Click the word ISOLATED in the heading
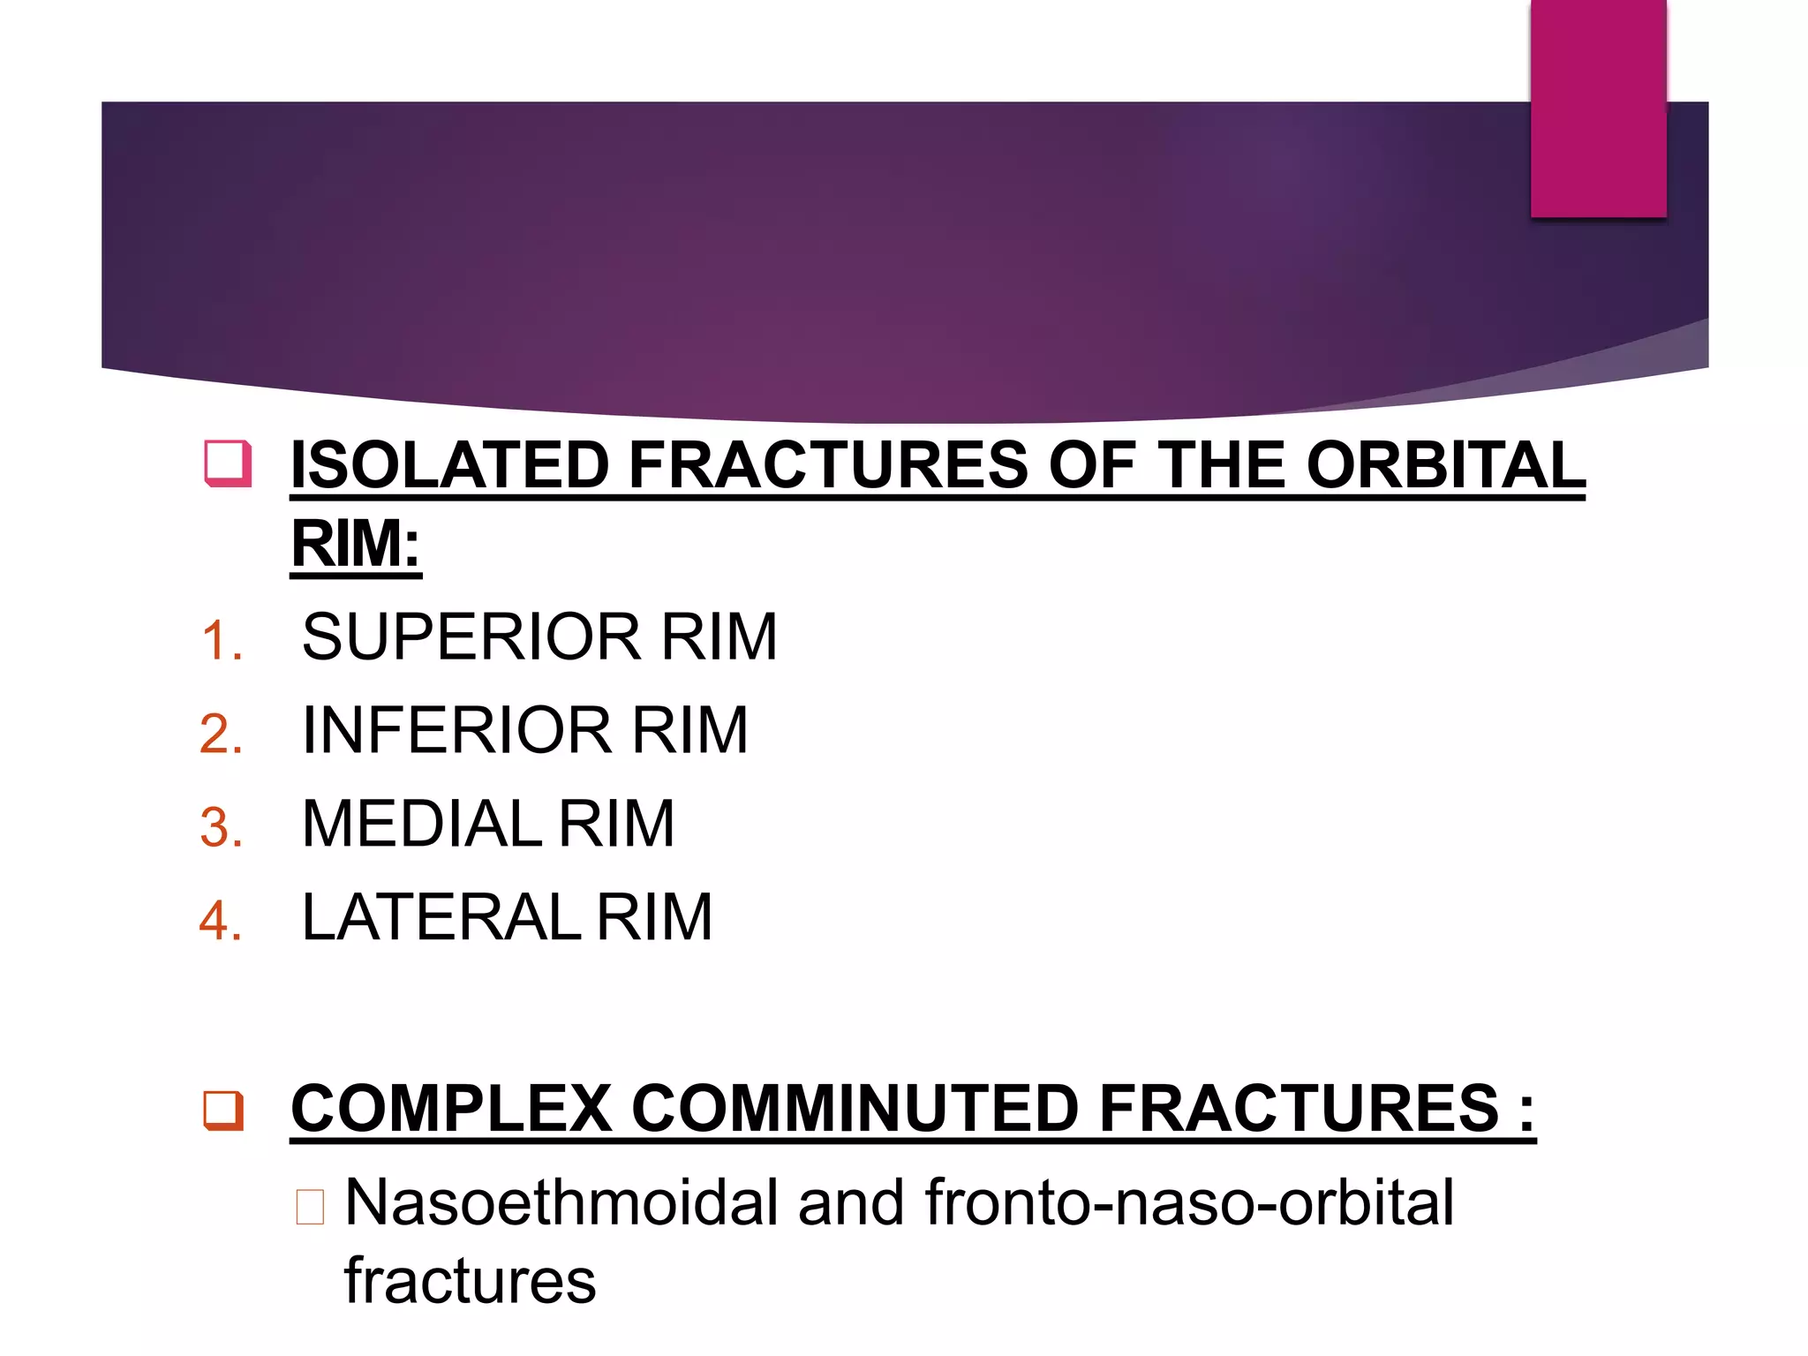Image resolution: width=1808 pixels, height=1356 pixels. (449, 465)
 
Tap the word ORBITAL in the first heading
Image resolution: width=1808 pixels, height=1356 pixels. (1445, 465)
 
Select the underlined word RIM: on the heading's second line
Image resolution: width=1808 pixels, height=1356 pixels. (356, 544)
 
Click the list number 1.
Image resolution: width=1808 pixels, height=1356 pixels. (221, 640)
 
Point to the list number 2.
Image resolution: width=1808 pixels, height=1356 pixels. (221, 734)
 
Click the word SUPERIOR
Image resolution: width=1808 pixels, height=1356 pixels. (471, 637)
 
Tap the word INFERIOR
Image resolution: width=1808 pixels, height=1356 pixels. (457, 730)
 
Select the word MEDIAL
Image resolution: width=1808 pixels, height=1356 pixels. (421, 824)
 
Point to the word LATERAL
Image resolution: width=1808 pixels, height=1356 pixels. (441, 917)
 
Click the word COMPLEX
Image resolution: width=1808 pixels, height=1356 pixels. (451, 1109)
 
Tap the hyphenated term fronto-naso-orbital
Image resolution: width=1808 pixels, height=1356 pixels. (1188, 1202)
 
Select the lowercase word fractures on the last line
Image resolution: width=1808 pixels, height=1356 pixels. (470, 1280)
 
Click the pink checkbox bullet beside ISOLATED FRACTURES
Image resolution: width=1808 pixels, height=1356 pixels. (228, 463)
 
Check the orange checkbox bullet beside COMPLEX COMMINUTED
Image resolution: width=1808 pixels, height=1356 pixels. (223, 1111)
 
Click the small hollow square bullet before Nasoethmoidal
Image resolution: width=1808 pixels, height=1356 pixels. (310, 1207)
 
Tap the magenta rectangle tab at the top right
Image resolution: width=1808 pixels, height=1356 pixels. (1598, 108)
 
